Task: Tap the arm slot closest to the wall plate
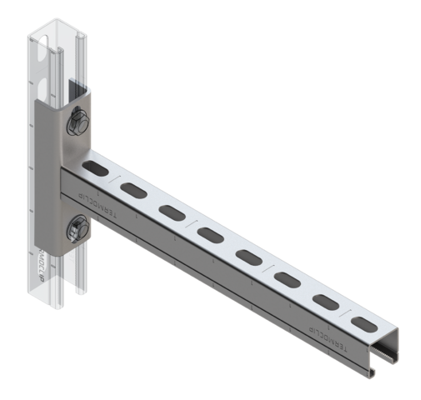click(x=98, y=169)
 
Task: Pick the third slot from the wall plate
click(x=173, y=212)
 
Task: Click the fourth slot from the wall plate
click(x=210, y=235)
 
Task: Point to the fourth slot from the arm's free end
click(x=248, y=255)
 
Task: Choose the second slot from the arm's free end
click(x=325, y=300)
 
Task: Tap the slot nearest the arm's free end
click(x=363, y=322)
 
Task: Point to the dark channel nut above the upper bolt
click(x=78, y=89)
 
